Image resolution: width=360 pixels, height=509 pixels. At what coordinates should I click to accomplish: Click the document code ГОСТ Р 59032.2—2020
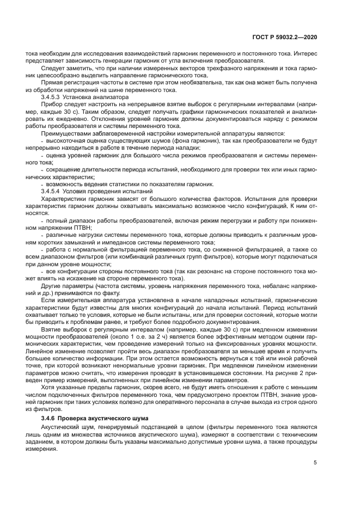tap(291, 36)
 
